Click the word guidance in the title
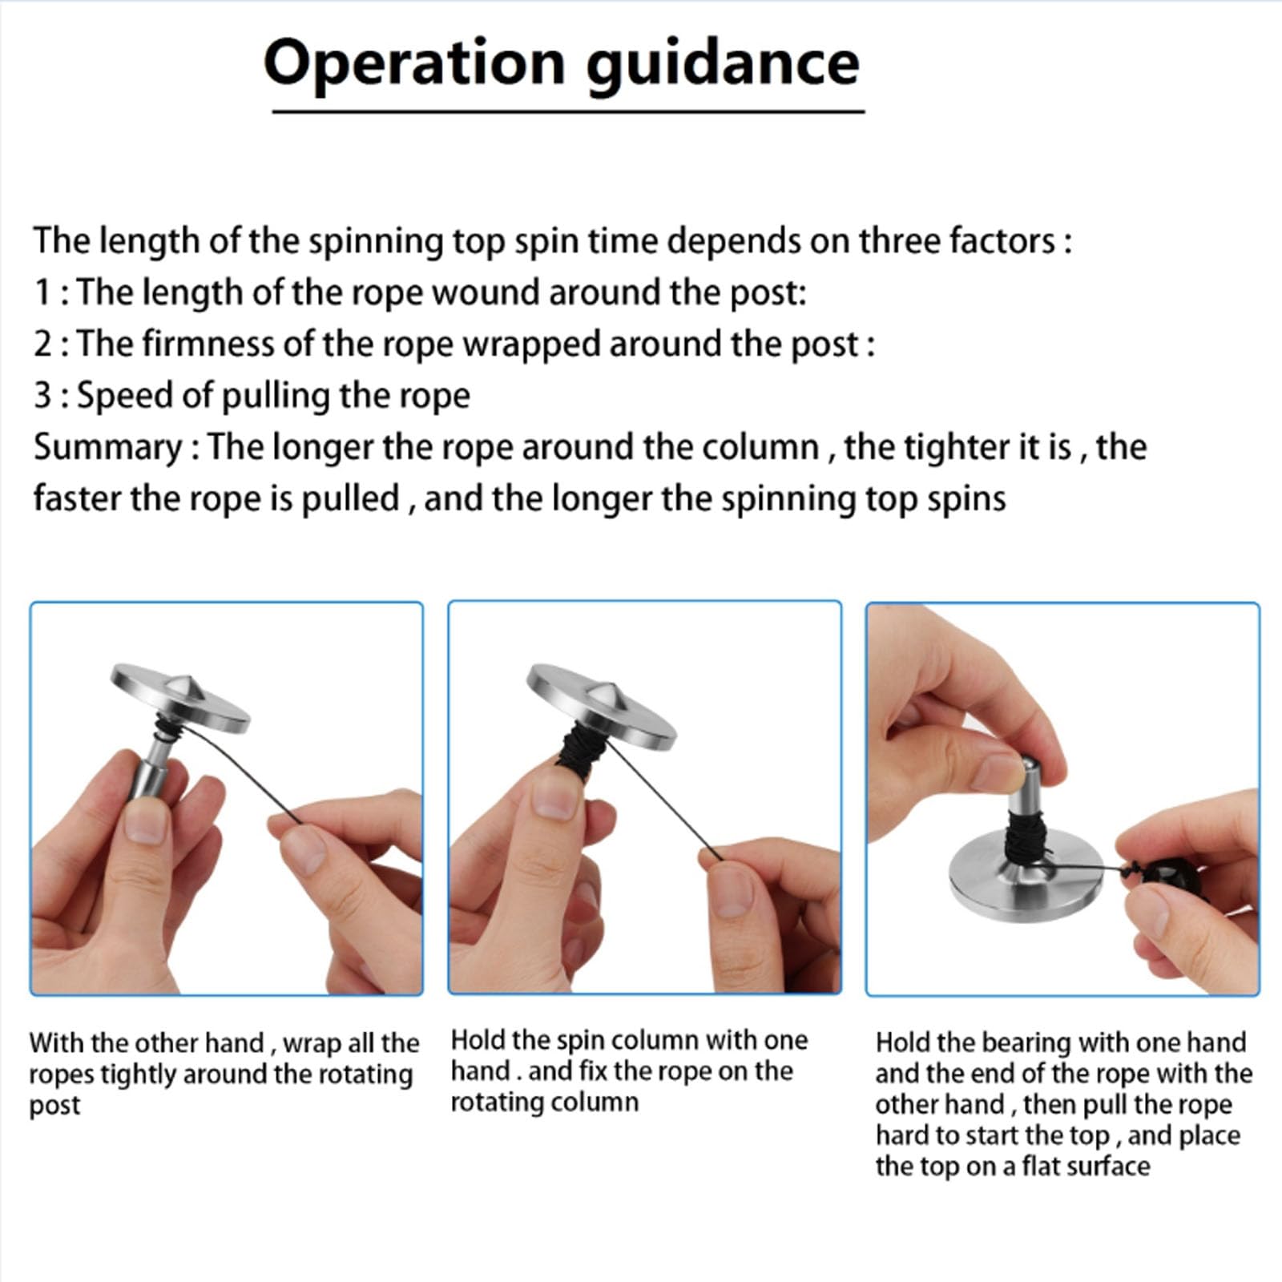[x=724, y=64]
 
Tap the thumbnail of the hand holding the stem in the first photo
[x=146, y=820]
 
